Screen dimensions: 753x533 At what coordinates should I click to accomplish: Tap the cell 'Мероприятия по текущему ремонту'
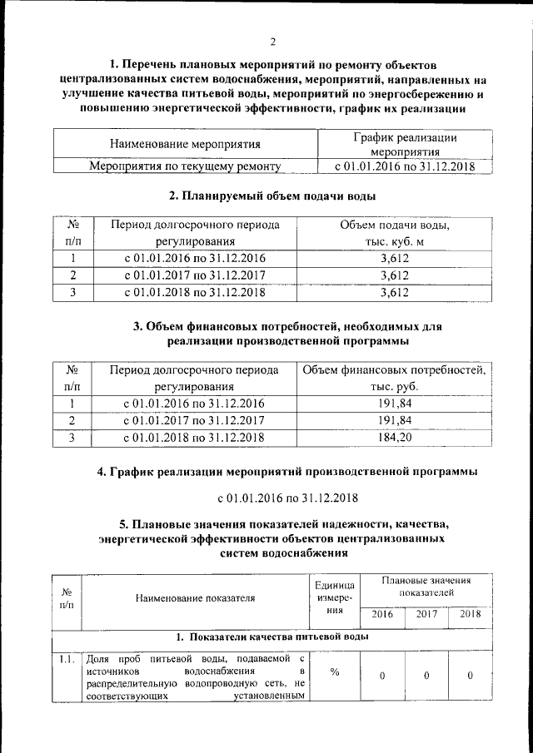(185, 166)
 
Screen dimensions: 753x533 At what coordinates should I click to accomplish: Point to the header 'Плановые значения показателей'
(426, 587)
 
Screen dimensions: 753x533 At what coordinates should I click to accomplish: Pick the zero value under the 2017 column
(426, 675)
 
